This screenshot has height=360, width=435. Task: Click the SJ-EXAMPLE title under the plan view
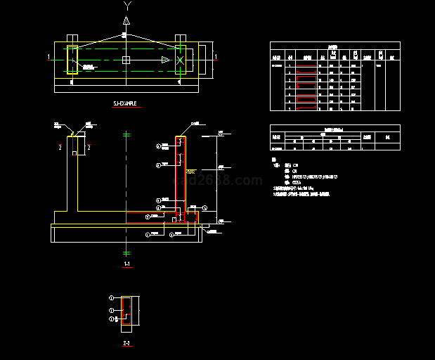click(x=127, y=103)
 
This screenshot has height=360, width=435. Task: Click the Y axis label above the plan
click(x=126, y=6)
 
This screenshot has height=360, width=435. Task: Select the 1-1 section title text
click(x=126, y=264)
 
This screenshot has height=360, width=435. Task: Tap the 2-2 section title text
click(x=126, y=342)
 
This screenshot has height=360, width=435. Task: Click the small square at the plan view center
click(x=126, y=60)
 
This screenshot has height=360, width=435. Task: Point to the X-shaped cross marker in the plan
click(x=181, y=60)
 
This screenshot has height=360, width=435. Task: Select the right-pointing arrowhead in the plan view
click(x=165, y=60)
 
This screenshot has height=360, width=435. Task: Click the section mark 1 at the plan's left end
click(x=48, y=56)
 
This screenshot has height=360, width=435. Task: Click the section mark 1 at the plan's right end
click(x=215, y=56)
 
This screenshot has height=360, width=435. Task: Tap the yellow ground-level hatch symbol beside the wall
click(x=190, y=171)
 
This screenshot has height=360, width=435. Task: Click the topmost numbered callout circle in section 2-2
click(x=111, y=299)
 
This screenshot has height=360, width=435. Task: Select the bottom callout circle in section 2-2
click(x=111, y=320)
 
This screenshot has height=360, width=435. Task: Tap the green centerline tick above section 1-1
click(x=126, y=134)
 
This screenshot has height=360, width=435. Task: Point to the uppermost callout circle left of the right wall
click(x=158, y=146)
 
